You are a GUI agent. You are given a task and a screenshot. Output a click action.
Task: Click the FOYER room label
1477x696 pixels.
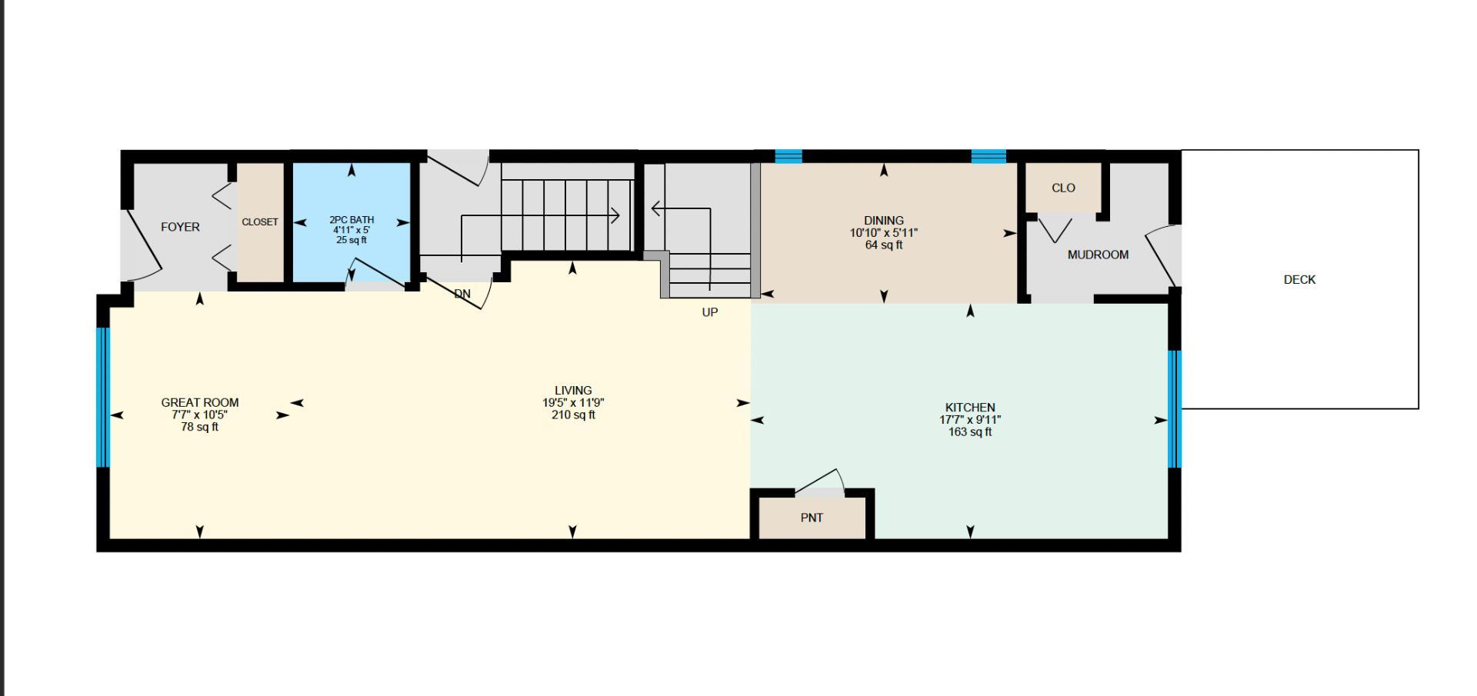click(x=180, y=227)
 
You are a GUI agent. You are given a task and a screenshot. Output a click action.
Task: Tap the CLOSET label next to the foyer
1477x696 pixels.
click(x=260, y=222)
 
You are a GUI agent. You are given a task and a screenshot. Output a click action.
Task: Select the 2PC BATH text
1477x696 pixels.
click(x=352, y=220)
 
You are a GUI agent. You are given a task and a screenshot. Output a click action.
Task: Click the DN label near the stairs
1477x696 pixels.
click(x=462, y=294)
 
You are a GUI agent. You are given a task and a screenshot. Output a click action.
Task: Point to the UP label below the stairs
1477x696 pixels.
click(x=710, y=312)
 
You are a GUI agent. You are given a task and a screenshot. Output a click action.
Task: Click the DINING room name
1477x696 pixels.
click(x=883, y=221)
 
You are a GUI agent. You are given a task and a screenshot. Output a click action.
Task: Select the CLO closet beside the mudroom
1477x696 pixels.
click(x=1063, y=188)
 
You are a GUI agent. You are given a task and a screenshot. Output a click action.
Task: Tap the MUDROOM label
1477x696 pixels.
click(x=1098, y=255)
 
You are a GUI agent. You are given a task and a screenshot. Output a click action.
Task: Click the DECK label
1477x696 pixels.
click(x=1299, y=280)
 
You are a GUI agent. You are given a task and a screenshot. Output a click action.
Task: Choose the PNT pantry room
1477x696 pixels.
click(x=812, y=518)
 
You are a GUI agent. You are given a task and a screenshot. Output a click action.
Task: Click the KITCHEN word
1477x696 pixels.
click(x=970, y=408)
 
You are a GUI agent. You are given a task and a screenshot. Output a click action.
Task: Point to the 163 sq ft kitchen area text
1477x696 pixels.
click(x=970, y=432)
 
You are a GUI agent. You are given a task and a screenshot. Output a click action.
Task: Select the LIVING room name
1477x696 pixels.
click(x=573, y=391)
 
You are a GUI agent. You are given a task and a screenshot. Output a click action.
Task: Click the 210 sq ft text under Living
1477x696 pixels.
click(x=573, y=415)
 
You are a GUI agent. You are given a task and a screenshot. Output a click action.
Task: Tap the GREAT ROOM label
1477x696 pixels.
click(x=200, y=402)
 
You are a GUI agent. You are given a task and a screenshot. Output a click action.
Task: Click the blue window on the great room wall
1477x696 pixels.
click(x=103, y=397)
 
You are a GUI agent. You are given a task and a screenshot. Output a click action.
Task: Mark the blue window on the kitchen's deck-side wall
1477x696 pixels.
click(x=1174, y=408)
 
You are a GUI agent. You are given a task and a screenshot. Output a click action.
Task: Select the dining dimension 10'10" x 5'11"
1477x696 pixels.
click(x=883, y=233)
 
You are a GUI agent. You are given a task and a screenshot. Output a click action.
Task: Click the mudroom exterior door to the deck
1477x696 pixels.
click(x=1163, y=258)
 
